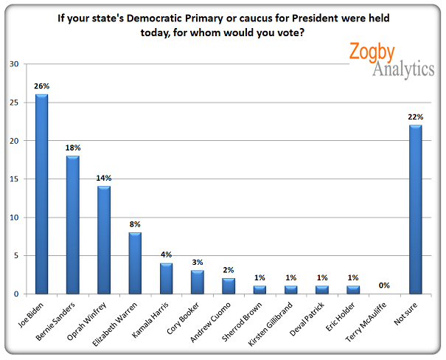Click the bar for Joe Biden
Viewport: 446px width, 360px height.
pyautogui.click(x=42, y=194)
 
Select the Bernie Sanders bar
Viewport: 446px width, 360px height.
pyautogui.click(x=74, y=225)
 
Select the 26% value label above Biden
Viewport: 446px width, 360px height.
pyautogui.click(x=42, y=86)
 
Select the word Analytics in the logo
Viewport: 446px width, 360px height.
pyautogui.click(x=403, y=69)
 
